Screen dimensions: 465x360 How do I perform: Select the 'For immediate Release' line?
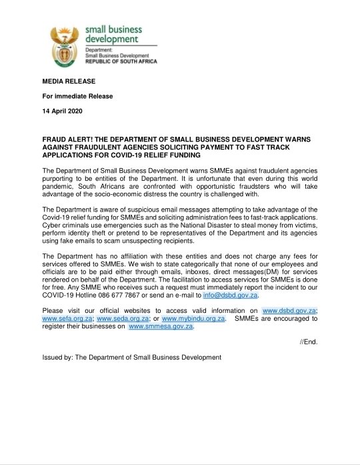[x=77, y=95]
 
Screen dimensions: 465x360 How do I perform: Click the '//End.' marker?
[x=308, y=342]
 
